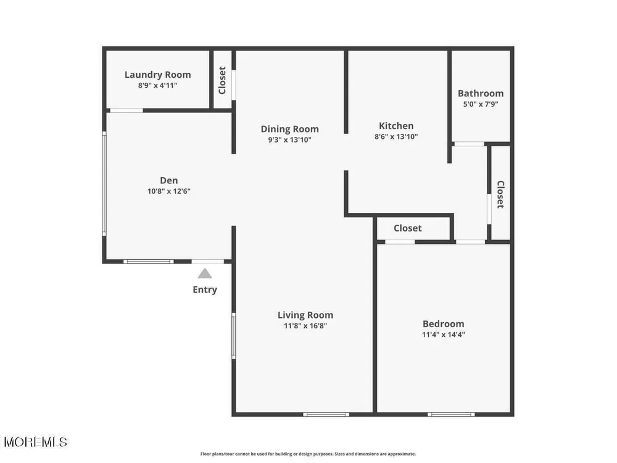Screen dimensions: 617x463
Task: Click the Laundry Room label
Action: click(158, 75)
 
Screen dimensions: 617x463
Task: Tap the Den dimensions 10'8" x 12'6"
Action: click(169, 191)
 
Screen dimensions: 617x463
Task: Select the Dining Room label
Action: click(289, 129)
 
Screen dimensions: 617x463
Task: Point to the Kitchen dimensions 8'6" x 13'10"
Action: click(396, 136)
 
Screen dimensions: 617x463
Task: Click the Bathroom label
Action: click(481, 93)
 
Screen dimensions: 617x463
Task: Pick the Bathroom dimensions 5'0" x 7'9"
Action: click(481, 104)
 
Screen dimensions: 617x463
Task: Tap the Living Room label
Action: click(305, 315)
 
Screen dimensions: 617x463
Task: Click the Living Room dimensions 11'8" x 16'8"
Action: click(305, 326)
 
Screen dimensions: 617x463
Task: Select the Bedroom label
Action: click(444, 323)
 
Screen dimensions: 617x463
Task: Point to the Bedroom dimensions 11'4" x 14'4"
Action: click(444, 335)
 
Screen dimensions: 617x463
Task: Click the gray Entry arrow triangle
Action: click(205, 273)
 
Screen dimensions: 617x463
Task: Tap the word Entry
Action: click(205, 290)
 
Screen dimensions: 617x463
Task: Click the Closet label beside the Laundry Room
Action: click(222, 80)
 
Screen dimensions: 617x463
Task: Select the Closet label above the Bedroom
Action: click(408, 228)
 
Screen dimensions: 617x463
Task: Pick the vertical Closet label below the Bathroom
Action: click(500, 194)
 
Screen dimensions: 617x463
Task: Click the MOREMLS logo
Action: click(35, 442)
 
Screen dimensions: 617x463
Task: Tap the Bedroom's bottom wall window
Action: click(451, 414)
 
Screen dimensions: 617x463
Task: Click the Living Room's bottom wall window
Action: click(326, 414)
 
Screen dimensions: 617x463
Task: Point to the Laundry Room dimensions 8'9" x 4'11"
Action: click(158, 85)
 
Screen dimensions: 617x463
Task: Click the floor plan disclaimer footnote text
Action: click(308, 454)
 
